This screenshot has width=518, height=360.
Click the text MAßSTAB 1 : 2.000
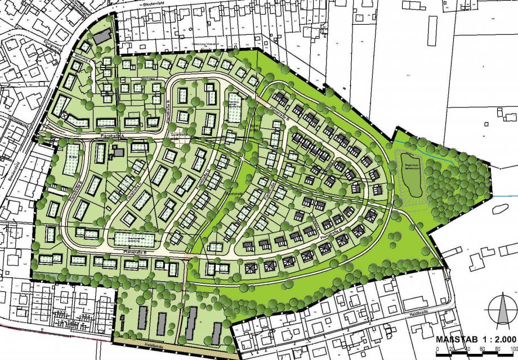coord(476,339)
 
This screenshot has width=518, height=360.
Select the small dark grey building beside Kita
coord(119,152)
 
